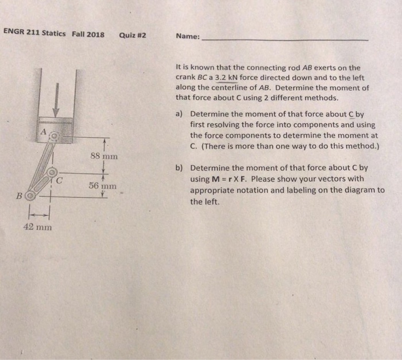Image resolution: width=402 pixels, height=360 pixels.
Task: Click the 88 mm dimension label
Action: coord(104,156)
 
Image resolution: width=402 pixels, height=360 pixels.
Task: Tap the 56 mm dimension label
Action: coord(103,186)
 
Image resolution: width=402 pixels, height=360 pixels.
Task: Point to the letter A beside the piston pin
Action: coord(42,133)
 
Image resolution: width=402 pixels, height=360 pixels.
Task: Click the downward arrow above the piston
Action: coord(56,98)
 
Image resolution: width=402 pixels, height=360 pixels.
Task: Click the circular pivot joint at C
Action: coord(52,172)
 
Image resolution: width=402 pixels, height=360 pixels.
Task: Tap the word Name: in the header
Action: coord(188,36)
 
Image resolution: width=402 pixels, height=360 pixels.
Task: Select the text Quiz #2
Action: coord(133,34)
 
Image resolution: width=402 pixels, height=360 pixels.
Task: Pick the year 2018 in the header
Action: coord(95,34)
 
